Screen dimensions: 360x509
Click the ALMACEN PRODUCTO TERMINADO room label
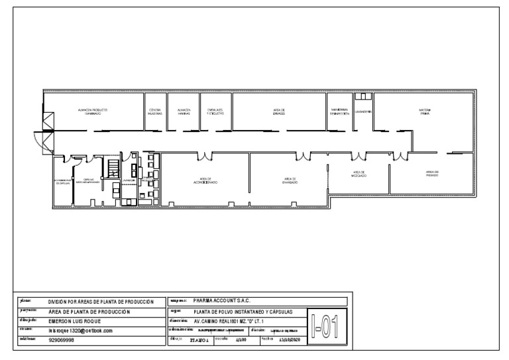tap(92, 111)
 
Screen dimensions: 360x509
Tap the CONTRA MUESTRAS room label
tap(155, 111)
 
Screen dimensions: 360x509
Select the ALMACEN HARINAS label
tap(184, 111)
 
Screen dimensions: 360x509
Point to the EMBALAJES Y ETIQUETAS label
tap(215, 111)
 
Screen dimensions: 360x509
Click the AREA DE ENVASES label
tap(279, 111)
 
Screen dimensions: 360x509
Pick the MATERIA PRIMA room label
tap(424, 111)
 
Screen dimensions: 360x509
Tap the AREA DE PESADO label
tap(432, 174)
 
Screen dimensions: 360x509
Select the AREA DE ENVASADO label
tap(290, 180)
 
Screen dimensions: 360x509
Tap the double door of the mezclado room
tap(359, 156)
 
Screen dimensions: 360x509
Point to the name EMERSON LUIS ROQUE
tap(75, 321)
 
